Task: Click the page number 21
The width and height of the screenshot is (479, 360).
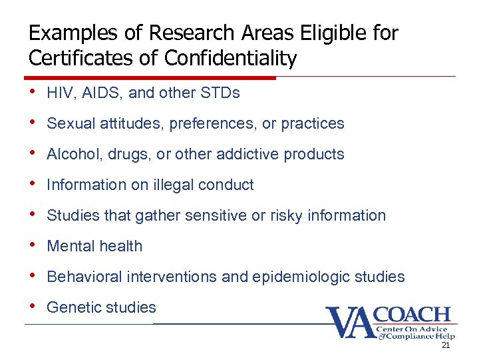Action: pyautogui.click(x=446, y=345)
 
